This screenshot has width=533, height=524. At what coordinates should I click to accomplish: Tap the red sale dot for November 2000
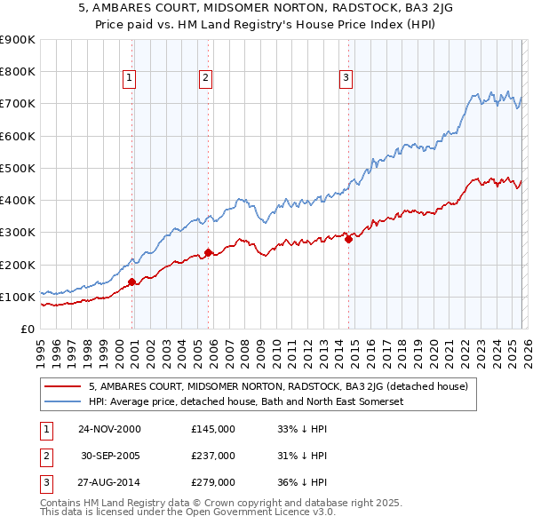[132, 282]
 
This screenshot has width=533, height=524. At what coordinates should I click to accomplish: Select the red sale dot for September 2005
[208, 252]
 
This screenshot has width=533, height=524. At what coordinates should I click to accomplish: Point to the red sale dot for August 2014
[348, 239]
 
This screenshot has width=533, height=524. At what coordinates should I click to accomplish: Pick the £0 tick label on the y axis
[27, 329]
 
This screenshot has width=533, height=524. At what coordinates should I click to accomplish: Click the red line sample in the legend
[64, 386]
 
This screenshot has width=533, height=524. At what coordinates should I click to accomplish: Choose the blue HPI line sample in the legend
[64, 401]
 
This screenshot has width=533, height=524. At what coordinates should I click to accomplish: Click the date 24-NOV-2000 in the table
[109, 428]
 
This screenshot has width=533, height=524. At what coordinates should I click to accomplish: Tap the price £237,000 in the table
[213, 456]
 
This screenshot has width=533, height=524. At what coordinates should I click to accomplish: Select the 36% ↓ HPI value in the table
[303, 483]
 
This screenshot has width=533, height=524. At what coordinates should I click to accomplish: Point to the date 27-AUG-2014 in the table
[109, 483]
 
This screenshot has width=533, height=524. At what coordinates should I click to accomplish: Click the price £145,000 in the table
[213, 428]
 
